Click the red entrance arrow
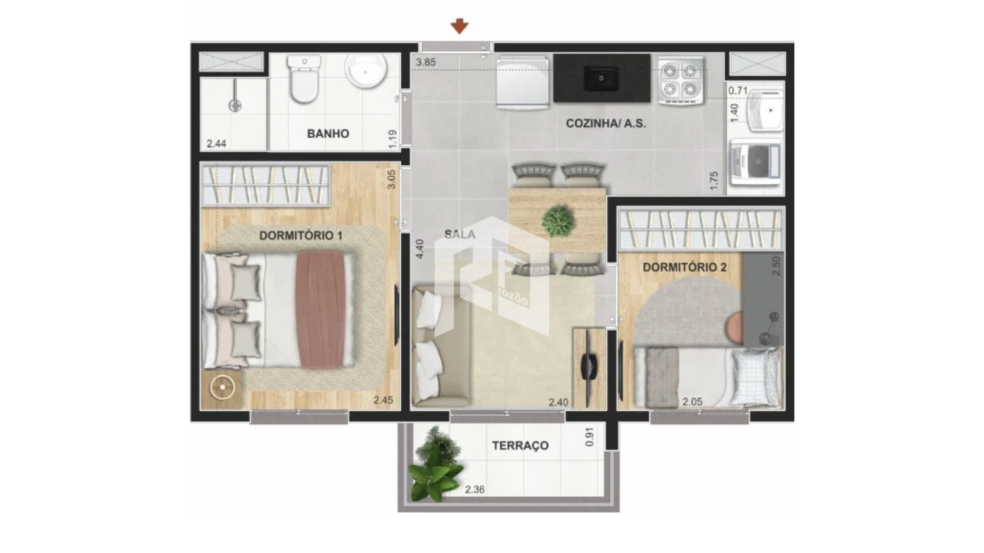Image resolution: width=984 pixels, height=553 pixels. coord(460,26)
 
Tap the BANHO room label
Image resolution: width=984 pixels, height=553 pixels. coord(328,134)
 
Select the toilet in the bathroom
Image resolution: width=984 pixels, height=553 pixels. coord(304,79)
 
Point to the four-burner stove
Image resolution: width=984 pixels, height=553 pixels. coord(680,80)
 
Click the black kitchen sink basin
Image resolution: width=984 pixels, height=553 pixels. coord(602,78)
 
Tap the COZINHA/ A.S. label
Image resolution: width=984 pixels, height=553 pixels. coord(606,123)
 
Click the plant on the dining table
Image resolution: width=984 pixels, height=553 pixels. coord(557,221)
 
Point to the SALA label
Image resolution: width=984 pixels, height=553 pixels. coord(460,235)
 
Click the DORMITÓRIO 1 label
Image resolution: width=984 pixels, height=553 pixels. coord(301,236)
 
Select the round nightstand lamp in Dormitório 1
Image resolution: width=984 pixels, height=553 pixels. coord(222,388)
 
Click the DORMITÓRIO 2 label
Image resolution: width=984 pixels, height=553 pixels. coord(685,267)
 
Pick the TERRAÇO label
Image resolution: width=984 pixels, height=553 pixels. coord(520,445)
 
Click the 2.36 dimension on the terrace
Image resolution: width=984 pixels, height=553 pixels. coord(475,490)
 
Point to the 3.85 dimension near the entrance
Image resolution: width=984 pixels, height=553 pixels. coord(426,62)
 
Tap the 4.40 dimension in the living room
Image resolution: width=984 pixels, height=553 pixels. coord(420,249)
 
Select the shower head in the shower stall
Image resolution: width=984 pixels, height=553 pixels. coord(235,105)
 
